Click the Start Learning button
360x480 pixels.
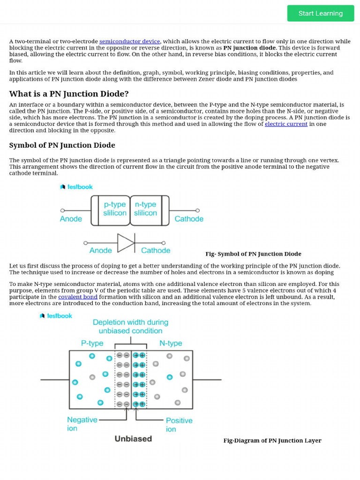[321, 13]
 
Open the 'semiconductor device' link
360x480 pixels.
[129, 41]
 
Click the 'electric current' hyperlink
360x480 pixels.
[286, 124]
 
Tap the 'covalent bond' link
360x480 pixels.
[78, 297]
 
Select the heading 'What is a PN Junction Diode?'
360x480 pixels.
[69, 94]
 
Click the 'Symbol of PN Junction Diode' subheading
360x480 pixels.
[62, 145]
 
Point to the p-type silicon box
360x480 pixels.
[115, 209]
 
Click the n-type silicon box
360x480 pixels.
[146, 209]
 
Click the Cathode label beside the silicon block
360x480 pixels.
[189, 219]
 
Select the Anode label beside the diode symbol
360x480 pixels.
[100, 251]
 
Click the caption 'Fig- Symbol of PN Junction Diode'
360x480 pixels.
[253, 254]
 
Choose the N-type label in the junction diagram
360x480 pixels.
[171, 343]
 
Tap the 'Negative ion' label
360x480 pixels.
[82, 424]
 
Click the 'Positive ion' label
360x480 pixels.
[179, 425]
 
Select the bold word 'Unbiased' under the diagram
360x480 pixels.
[133, 439]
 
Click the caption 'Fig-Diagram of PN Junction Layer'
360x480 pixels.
[272, 441]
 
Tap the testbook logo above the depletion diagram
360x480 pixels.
[56, 316]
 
